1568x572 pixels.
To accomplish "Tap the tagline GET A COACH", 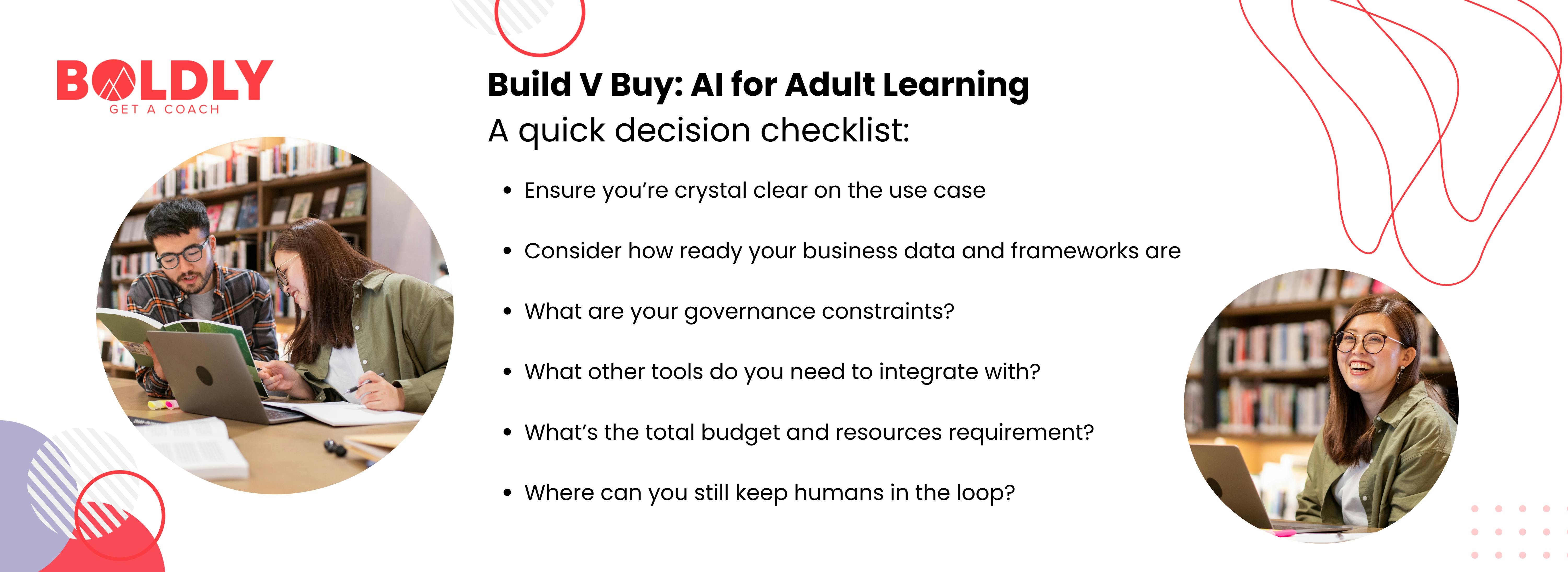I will [x=164, y=110].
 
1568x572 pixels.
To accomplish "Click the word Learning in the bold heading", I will [x=956, y=85].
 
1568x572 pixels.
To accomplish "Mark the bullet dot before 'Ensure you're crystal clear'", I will [x=507, y=191].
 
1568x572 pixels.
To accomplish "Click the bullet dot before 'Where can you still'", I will [x=507, y=493].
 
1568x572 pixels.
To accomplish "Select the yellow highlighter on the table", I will [x=159, y=404].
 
